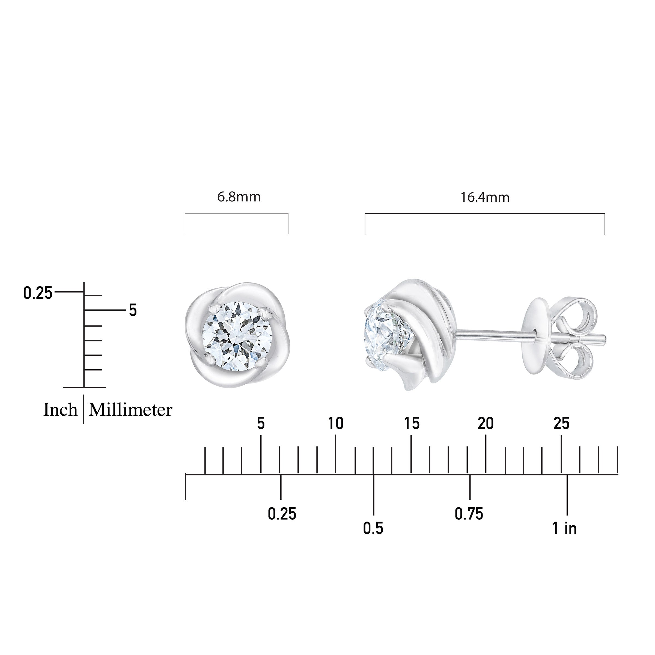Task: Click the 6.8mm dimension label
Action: (x=239, y=197)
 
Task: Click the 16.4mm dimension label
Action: (x=485, y=197)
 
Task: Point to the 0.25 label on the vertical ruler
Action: (x=38, y=293)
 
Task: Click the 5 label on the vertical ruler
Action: (x=133, y=310)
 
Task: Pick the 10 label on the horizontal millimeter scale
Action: (x=336, y=424)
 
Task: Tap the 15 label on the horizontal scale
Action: (x=412, y=424)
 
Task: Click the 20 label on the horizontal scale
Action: (x=486, y=424)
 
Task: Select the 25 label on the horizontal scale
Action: (x=561, y=424)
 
